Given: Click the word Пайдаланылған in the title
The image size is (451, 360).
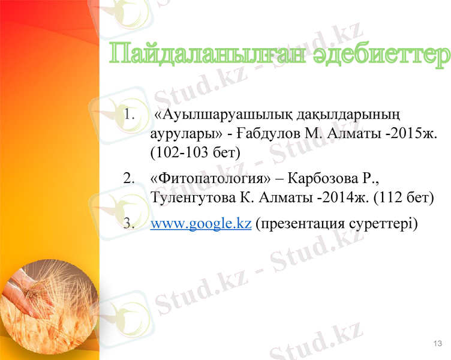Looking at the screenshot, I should tap(206, 56).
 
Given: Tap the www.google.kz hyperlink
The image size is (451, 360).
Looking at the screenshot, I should tap(200, 224).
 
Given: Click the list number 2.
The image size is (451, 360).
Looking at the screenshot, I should tap(128, 178).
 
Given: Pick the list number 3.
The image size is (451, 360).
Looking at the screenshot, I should tap(128, 224).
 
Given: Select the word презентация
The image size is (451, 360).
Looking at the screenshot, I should tap(299, 224).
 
